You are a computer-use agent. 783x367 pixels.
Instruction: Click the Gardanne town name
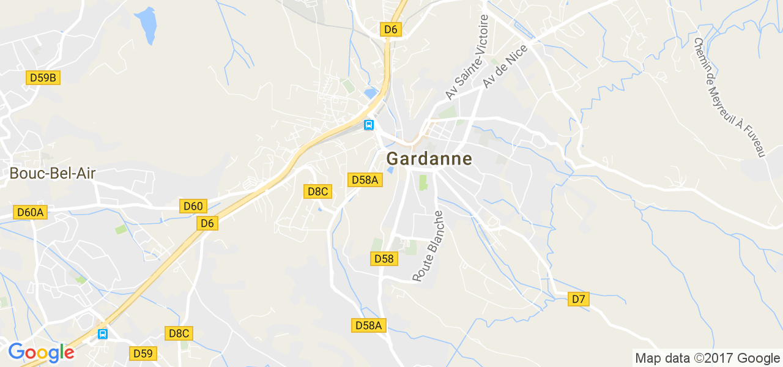tap(429, 159)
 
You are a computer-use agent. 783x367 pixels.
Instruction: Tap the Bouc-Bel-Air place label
tap(53, 174)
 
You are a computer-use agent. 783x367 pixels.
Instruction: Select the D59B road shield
tap(43, 78)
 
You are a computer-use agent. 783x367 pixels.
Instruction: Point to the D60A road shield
tap(31, 212)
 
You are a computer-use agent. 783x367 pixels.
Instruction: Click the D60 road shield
tap(193, 206)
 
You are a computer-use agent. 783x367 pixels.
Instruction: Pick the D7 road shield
tap(578, 299)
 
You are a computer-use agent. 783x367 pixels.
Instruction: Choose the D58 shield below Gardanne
tap(384, 259)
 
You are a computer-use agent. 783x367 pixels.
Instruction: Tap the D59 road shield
tap(143, 353)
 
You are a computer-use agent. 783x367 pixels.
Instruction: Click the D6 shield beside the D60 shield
tap(207, 224)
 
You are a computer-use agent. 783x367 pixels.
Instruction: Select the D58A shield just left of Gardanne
tap(365, 179)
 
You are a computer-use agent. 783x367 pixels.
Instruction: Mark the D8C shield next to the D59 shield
tap(179, 333)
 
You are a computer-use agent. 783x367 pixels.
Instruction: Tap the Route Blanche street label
tap(428, 247)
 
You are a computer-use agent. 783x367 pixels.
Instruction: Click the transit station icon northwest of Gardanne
tap(369, 125)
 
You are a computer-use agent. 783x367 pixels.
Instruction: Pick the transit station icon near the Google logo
tap(103, 334)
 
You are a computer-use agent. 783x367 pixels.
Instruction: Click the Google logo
tap(41, 352)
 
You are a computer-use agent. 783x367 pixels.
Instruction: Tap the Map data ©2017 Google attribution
tap(707, 358)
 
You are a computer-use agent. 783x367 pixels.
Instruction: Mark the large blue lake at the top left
tap(146, 25)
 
